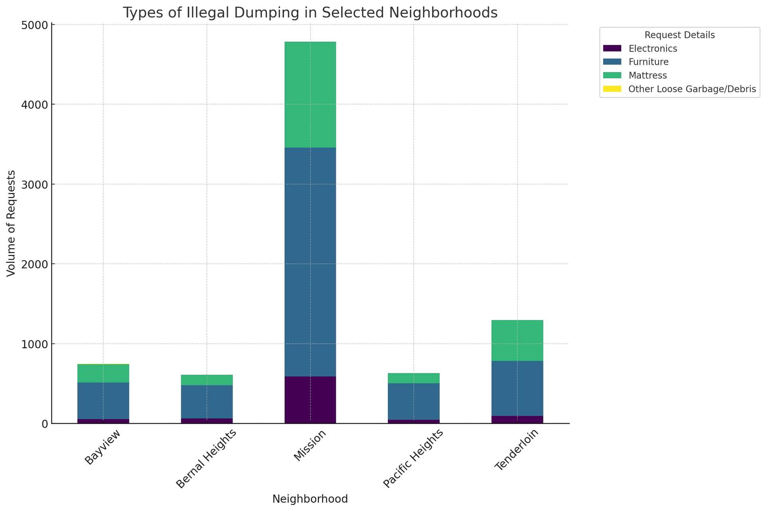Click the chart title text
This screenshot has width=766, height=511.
[x=310, y=13]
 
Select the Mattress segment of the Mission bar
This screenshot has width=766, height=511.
[x=310, y=95]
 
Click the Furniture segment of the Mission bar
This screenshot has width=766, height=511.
[x=310, y=262]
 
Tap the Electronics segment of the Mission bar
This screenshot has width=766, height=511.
[x=310, y=400]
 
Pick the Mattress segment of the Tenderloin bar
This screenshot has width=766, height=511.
[x=517, y=340]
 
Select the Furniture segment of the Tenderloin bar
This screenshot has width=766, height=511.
[x=517, y=388]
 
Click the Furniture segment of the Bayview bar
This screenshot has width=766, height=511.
[x=103, y=401]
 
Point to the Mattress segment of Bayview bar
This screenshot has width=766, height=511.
[x=103, y=373]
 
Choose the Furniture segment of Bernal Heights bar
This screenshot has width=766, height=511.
[x=207, y=401]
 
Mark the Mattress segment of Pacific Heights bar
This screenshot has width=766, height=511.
[x=414, y=378]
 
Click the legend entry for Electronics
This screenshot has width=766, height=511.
[x=652, y=49]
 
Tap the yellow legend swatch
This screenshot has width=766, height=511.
[x=612, y=89]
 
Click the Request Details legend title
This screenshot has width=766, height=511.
[x=679, y=35]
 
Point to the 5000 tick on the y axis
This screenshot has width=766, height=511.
[x=37, y=25]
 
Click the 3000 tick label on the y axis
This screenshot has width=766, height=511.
[x=37, y=184]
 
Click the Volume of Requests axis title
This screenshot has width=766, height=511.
[x=11, y=223]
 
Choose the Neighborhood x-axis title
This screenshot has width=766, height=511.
[x=310, y=499]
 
